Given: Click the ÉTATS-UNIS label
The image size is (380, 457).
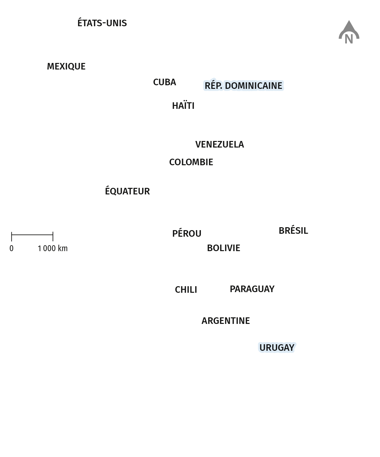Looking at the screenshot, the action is point(102,23).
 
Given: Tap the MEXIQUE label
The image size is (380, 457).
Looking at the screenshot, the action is point(66,67).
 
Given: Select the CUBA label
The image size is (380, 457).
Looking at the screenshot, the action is point(165,82).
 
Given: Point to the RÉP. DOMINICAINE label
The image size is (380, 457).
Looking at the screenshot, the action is point(243,85).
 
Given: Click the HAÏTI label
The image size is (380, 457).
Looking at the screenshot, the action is point(183,105).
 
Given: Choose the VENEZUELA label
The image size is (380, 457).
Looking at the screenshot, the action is point(220,145).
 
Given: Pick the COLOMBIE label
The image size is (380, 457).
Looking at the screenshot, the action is point(191,162).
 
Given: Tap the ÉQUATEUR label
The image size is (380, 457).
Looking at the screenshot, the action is point(127,191).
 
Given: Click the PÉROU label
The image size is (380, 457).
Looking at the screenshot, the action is point(187,233).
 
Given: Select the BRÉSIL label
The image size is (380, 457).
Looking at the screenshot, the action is point(293,230).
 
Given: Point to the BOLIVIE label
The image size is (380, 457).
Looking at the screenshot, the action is point(223,248).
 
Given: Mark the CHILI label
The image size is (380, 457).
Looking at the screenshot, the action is point(186,290).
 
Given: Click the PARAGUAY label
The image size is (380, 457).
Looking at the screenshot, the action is point(252,289).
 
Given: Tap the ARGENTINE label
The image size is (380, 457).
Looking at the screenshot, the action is point(226,321).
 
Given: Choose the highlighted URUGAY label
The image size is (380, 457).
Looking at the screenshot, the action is point(277,348).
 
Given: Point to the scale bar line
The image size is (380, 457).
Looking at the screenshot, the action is point(32,235).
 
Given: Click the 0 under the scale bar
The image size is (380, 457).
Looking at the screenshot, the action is point(11,248).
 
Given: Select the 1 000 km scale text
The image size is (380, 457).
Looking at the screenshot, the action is point(53,248).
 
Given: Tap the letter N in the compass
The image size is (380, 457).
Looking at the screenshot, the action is point(349,39).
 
